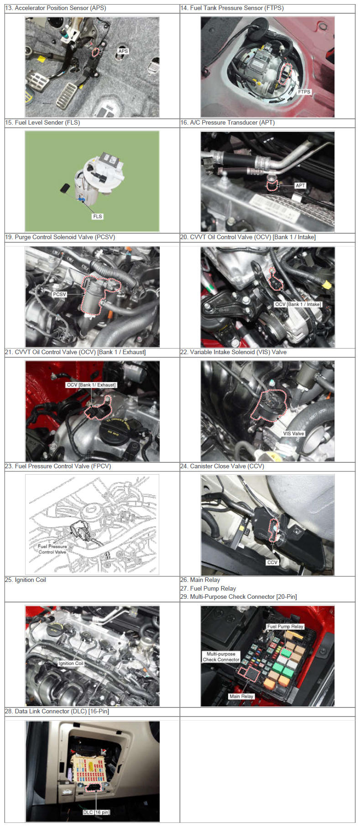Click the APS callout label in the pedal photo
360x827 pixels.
coord(123,51)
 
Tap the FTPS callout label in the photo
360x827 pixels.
coord(304,92)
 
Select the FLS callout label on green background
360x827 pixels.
coord(98,216)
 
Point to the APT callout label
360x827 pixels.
coord(300,185)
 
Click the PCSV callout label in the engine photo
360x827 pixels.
coord(59,294)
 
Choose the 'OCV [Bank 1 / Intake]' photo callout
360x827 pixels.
coord(298,304)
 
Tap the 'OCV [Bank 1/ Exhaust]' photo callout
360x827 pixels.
coord(91,385)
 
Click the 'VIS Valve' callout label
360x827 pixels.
coord(293,434)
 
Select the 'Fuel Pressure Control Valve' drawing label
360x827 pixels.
coord(52,549)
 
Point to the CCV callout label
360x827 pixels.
coord(272,562)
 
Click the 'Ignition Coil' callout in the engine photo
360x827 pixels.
coord(71,663)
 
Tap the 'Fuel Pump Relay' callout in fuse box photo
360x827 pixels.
coord(285,627)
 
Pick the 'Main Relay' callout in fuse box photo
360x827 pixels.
coord(241,696)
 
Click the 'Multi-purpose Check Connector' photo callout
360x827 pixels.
coord(221,657)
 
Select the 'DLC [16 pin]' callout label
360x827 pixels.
coord(96,812)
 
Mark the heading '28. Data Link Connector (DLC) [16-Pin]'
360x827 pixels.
coord(57,711)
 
